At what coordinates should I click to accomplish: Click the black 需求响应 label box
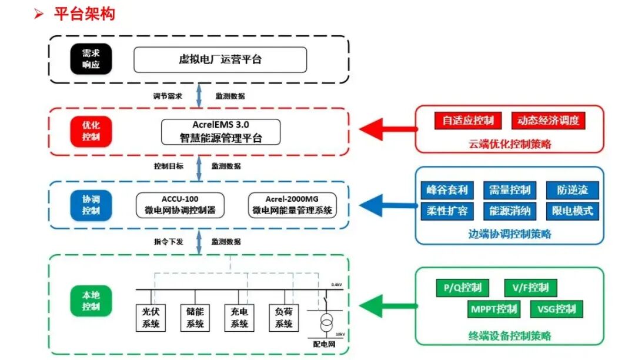[x=91, y=59]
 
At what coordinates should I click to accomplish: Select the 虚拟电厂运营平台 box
[x=220, y=59]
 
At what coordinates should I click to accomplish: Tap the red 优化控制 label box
[x=91, y=131]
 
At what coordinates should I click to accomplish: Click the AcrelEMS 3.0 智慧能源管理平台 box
[x=220, y=132]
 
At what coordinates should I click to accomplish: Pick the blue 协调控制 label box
[x=91, y=205]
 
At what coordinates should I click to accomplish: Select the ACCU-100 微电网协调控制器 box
[x=180, y=205]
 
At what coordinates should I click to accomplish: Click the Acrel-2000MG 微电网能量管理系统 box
[x=292, y=205]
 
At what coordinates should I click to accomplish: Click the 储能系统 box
[x=195, y=318]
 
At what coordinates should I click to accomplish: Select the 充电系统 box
[x=239, y=318]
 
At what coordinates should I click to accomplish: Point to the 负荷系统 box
[x=283, y=318]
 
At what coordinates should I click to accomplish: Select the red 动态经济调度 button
[x=548, y=121]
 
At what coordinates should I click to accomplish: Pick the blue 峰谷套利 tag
[x=447, y=190]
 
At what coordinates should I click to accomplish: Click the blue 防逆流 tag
[x=572, y=190]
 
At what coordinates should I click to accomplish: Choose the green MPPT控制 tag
[x=493, y=309]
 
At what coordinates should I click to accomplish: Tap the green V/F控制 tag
[x=530, y=288]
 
